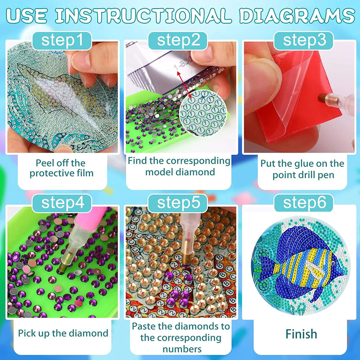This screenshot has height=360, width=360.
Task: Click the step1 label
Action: (62, 40)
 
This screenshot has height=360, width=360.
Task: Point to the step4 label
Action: (62, 203)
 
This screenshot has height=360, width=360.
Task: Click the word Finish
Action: (301, 334)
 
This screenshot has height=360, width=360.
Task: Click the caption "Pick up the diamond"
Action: (63, 333)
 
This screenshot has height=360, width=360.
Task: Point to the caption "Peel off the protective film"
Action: (62, 168)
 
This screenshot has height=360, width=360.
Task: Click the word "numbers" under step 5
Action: (181, 349)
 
